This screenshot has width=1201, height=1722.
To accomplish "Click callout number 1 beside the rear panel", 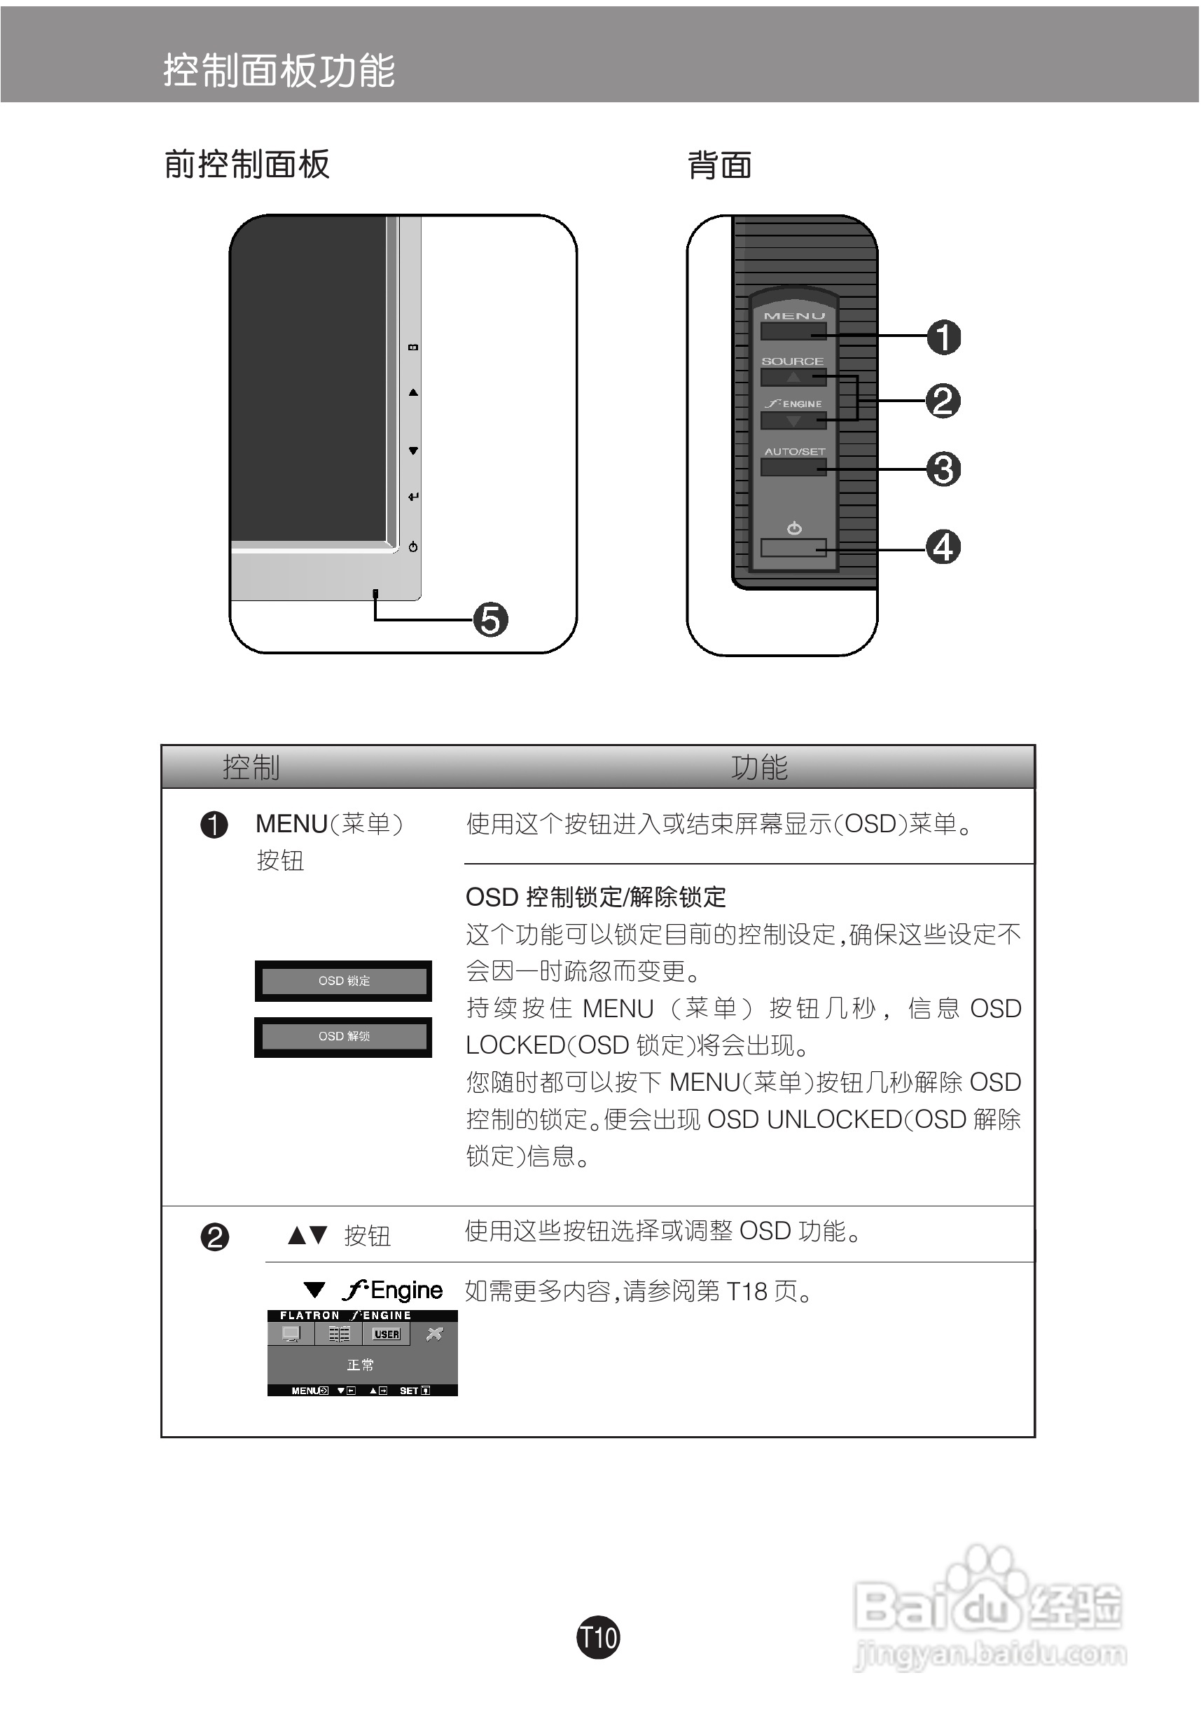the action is (943, 337).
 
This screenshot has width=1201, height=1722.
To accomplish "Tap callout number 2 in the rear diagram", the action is (943, 401).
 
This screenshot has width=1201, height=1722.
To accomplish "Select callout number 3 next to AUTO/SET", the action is (943, 469).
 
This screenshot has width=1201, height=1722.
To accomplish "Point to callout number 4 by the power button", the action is (943, 546).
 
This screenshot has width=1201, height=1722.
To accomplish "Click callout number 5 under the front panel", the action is (490, 620).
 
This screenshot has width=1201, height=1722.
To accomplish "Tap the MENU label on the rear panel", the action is (794, 317).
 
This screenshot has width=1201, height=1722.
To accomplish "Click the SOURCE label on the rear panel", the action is (793, 361).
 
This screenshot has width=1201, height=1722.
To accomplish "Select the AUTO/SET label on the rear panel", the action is (794, 451).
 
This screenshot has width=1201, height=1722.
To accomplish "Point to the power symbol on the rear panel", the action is (794, 529).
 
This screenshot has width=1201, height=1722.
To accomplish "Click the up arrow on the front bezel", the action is (413, 392).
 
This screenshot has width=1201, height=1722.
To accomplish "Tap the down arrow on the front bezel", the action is (413, 450).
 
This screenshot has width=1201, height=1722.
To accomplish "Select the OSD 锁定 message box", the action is (343, 981).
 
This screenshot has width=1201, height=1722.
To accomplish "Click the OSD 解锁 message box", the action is (343, 1037).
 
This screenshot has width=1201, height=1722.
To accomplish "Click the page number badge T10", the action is (597, 1637).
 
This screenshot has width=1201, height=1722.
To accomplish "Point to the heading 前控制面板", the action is (247, 164).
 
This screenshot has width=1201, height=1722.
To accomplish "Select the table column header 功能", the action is (758, 767).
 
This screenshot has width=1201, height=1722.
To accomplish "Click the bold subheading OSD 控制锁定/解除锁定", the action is (596, 897).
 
